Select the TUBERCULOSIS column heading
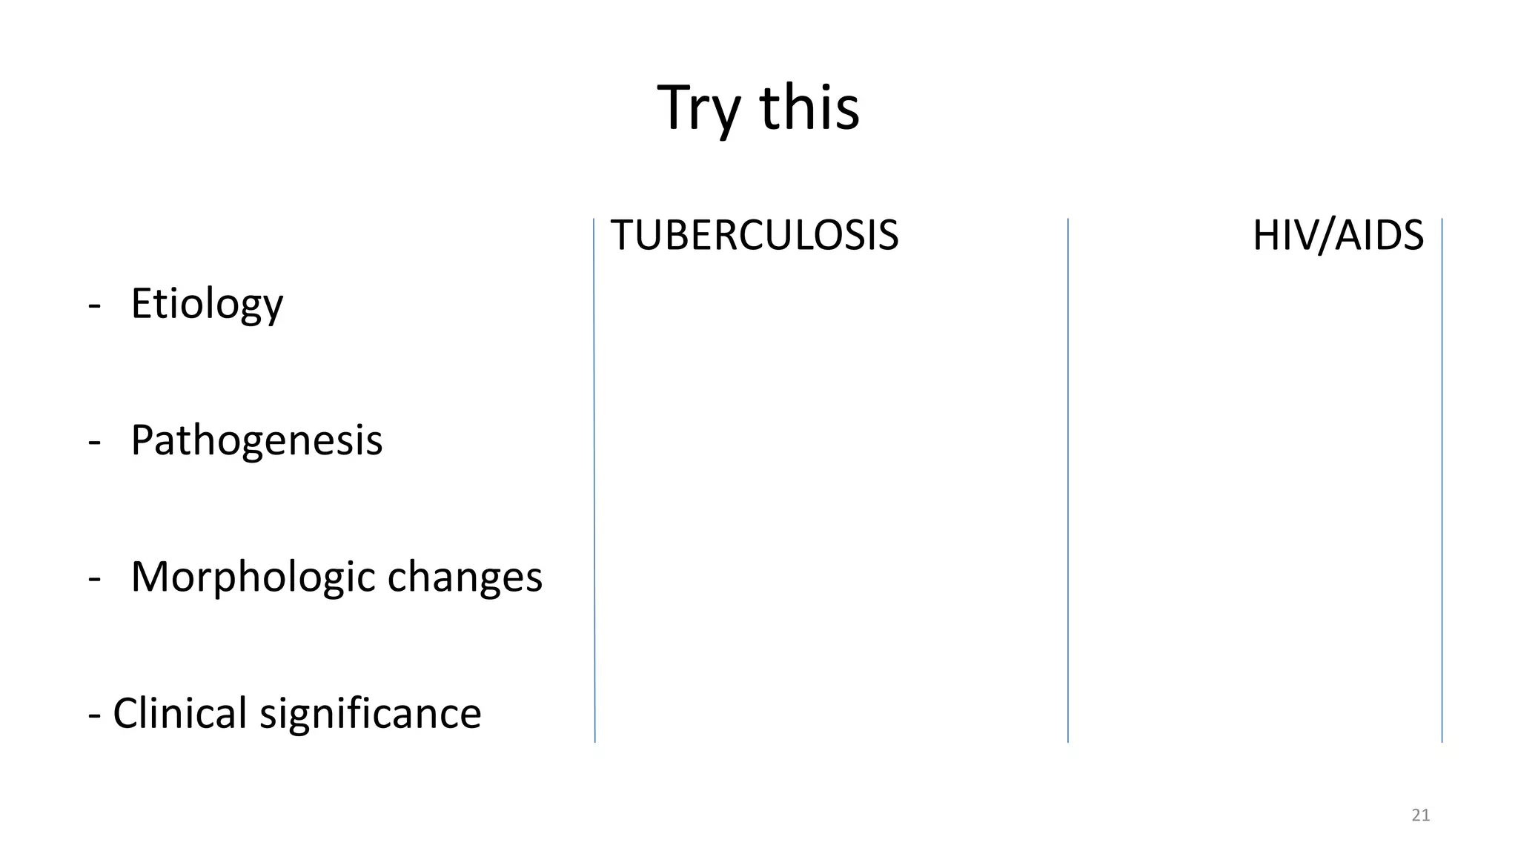[754, 236]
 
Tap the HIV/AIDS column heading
[1338, 236]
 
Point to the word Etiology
[207, 303]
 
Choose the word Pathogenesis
[256, 440]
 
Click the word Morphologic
[253, 577]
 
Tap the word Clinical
[179, 713]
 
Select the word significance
[370, 713]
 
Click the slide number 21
[1420, 815]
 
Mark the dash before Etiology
[94, 305]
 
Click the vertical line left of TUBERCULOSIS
[594, 482]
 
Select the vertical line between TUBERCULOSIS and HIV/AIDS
[1068, 482]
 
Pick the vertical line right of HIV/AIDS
[1442, 482]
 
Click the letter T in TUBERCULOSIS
[621, 236]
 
